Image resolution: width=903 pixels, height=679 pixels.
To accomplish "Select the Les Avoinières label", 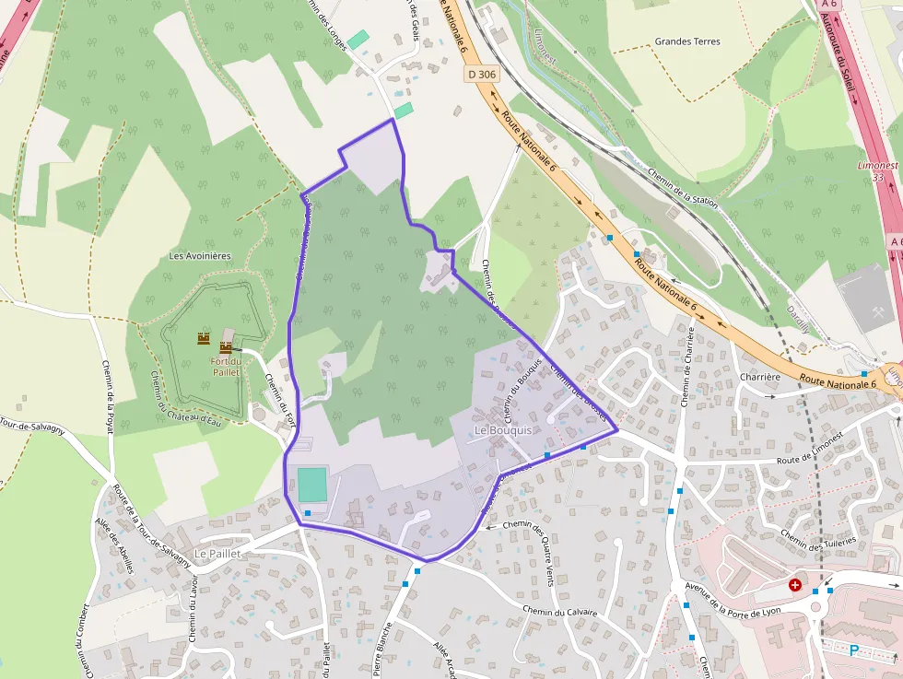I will (200, 255).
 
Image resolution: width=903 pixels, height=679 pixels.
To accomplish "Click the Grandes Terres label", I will (687, 41).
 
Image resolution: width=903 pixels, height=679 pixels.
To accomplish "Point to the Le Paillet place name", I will (217, 554).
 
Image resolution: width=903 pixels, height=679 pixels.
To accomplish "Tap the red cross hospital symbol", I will (795, 585).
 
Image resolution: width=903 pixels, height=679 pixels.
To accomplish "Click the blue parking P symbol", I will (854, 650).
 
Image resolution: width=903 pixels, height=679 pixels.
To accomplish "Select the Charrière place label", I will (760, 377).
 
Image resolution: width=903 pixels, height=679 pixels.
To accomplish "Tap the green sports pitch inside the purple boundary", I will (312, 484).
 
